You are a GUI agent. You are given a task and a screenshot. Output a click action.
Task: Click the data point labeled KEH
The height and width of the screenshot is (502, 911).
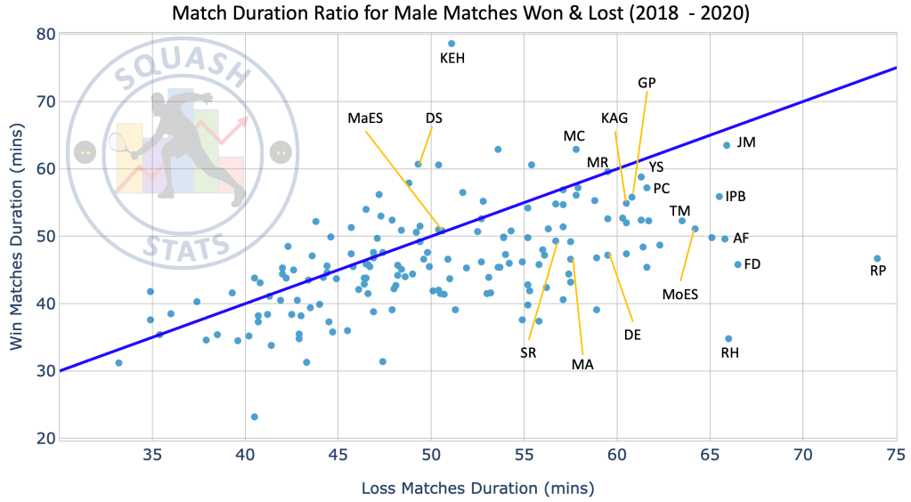451,44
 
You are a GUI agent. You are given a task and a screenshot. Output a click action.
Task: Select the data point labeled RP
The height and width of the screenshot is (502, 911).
877,259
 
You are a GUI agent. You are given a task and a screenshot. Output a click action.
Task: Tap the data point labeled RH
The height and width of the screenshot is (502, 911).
728,339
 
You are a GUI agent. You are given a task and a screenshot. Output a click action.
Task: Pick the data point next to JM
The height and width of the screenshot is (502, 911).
727,145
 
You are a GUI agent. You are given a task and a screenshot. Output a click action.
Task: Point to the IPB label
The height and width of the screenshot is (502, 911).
736,197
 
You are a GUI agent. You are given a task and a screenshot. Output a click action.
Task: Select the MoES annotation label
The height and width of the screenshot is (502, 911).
680,295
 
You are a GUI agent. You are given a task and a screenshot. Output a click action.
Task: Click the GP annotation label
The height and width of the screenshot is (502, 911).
647,83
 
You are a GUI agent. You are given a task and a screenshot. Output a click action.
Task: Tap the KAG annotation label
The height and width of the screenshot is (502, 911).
614,118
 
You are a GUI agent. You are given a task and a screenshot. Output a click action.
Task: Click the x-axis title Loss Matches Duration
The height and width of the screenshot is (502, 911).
477,488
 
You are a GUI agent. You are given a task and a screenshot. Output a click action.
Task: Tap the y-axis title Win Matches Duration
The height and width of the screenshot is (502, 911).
18,236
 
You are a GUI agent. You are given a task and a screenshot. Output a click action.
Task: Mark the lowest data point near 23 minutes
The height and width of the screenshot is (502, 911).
255,417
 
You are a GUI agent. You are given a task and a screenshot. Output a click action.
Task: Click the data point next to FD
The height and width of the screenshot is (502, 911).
737,264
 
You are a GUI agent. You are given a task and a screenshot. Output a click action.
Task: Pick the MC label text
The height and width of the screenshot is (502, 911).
574,136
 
